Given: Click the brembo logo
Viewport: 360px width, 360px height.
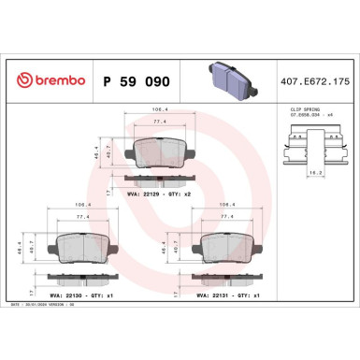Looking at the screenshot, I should [44, 82].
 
